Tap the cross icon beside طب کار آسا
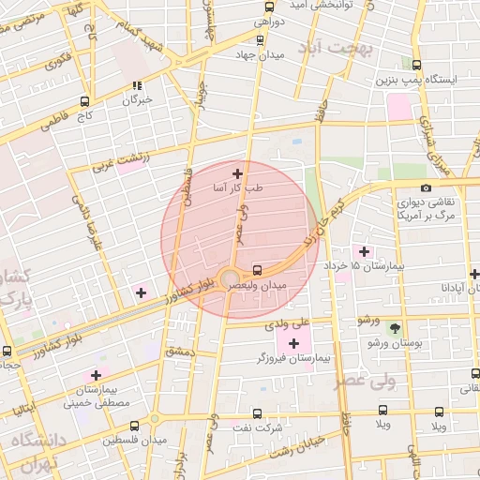(x=237, y=172)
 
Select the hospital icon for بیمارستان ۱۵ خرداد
(x=364, y=250)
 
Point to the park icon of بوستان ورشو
(x=395, y=328)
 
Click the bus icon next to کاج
(x=85, y=101)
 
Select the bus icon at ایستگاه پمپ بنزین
(x=416, y=65)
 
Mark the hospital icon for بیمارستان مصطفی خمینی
(x=96, y=374)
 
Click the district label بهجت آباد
(x=335, y=47)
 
